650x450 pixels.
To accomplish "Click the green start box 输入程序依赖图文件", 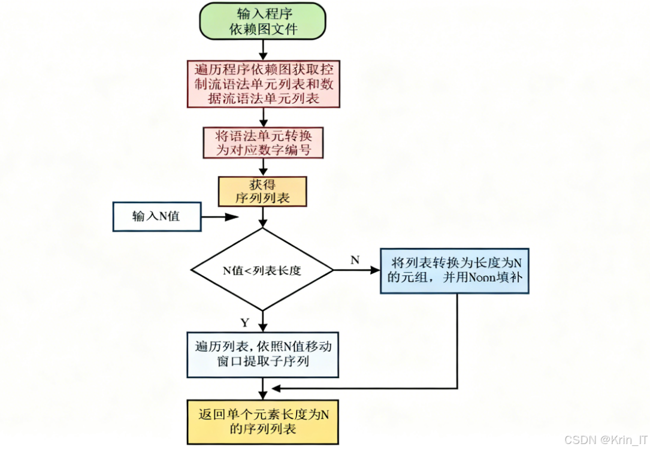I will click(x=262, y=22).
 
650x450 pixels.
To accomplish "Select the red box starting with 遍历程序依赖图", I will click(x=263, y=83).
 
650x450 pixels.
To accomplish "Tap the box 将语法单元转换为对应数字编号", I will click(x=262, y=143).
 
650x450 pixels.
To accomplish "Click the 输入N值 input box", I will click(x=156, y=216).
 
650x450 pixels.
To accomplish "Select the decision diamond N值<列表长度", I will click(x=262, y=270).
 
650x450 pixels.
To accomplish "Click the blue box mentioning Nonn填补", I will click(x=454, y=271).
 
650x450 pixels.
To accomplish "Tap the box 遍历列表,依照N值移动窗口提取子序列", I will click(x=262, y=355).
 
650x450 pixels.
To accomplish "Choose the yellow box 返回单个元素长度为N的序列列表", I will click(x=262, y=422).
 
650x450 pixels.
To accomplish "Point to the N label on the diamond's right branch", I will click(x=355, y=259).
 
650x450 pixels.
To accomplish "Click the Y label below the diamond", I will click(x=244, y=322).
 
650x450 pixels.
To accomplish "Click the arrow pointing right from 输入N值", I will click(x=219, y=217).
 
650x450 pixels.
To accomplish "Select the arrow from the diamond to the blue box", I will click(x=356, y=270).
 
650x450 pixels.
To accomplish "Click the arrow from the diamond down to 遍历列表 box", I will click(x=262, y=321).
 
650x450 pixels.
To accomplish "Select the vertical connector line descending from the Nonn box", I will click(x=458, y=339).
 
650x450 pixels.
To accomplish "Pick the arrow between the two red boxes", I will click(x=262, y=117).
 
